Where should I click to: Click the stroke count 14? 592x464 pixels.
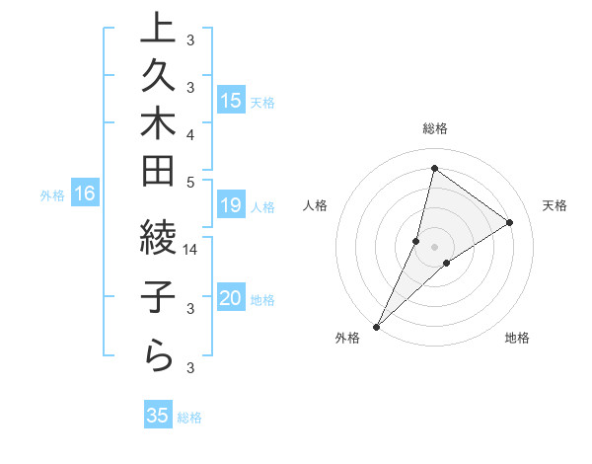click(191, 250)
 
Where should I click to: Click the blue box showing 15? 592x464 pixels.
click(231, 100)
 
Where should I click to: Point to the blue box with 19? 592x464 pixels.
click(231, 205)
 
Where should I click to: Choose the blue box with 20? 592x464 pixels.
click(231, 298)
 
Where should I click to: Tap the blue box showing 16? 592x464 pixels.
click(85, 193)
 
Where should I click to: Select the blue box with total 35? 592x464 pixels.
click(157, 416)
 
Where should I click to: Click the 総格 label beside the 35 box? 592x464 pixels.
click(189, 418)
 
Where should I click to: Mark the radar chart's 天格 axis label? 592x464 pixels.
click(555, 205)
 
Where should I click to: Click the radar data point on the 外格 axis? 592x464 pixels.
click(376, 326)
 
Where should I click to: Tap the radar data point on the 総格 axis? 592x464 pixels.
click(434, 167)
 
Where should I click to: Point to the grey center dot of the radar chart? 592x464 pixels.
click(434, 246)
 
